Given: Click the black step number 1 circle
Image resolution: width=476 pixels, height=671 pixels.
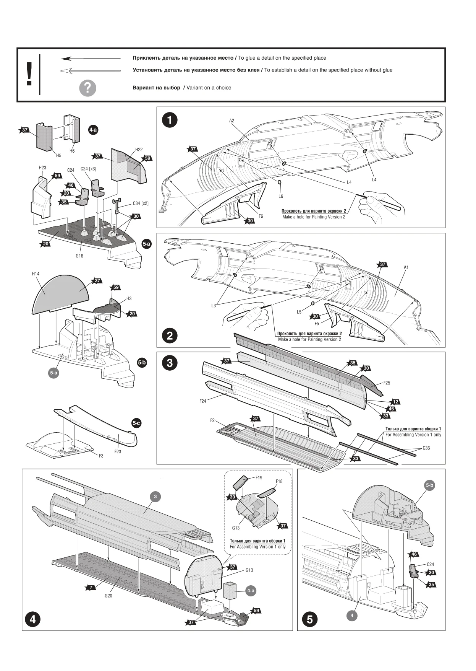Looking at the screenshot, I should (170, 120).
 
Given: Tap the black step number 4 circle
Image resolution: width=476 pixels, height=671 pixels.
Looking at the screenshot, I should (32, 619).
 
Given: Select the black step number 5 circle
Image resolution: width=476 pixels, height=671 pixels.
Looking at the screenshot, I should (309, 619).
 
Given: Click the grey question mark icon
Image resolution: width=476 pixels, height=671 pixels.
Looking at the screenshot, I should (87, 88).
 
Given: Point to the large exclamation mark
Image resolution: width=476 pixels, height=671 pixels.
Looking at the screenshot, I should (29, 74).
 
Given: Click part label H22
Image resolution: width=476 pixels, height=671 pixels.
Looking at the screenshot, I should (139, 150).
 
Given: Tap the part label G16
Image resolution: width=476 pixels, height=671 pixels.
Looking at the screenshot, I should (79, 256).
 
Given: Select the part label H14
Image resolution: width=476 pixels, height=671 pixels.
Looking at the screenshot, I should (36, 274).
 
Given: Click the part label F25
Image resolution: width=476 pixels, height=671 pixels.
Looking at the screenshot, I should (387, 383).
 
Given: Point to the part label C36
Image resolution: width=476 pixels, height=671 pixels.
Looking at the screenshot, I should (426, 448).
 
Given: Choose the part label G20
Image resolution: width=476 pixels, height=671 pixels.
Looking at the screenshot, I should (108, 596).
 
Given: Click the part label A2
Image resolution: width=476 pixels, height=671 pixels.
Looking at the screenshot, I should (232, 121).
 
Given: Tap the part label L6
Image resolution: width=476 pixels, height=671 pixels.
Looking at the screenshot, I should (281, 196).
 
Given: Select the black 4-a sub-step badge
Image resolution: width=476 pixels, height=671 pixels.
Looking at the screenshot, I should (93, 130).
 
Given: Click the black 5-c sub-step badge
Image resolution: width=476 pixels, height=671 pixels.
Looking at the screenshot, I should (136, 423).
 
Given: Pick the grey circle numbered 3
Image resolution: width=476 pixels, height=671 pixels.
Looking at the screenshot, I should (155, 497).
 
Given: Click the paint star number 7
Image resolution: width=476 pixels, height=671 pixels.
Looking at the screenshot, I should (91, 587).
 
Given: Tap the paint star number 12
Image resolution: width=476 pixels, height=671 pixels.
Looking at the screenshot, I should (396, 402).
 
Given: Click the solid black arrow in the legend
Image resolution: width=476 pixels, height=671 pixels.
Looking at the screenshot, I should (91, 59).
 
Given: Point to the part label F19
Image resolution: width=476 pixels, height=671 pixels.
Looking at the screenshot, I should (259, 478).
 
